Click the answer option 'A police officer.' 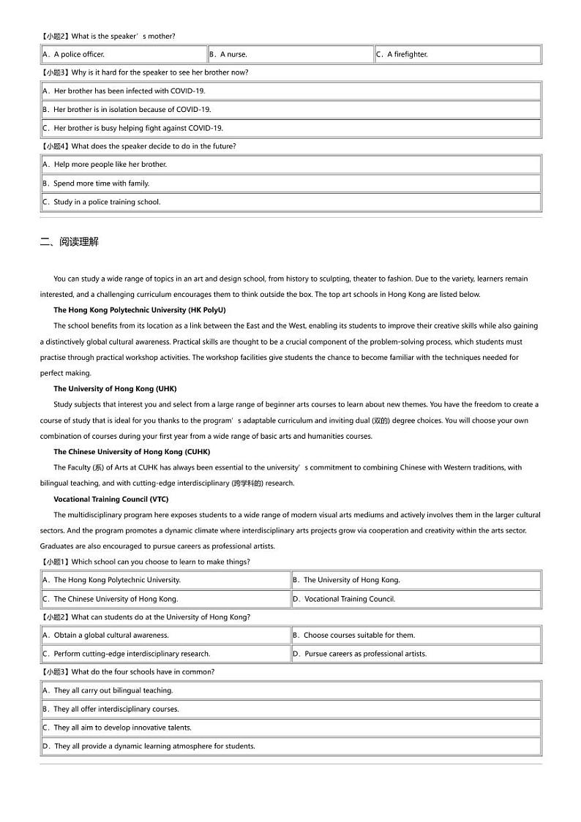point(79,54)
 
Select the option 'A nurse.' point(234,54)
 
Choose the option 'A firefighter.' point(407,54)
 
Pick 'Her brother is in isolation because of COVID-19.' point(132,110)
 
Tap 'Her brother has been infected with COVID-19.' point(130,91)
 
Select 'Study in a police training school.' point(107,202)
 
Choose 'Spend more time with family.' point(101,184)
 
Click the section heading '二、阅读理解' point(70,241)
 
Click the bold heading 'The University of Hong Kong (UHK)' point(115,389)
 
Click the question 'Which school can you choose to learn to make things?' point(160,562)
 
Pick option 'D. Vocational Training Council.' point(349,599)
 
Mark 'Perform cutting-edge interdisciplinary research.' point(132,654)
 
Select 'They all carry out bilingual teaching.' point(113,690)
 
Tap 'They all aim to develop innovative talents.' point(122,728)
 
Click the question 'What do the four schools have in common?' point(143,672)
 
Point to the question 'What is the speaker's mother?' point(123,36)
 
